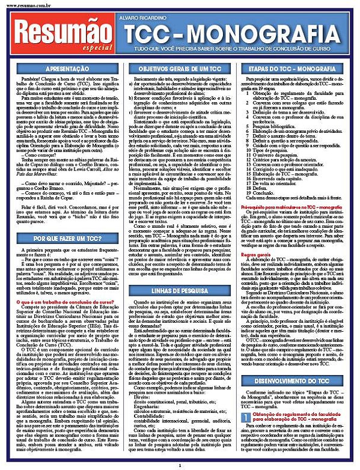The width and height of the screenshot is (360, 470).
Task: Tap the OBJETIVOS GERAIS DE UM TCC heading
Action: pos(181,69)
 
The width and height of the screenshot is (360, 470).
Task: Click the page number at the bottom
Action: pos(180,465)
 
